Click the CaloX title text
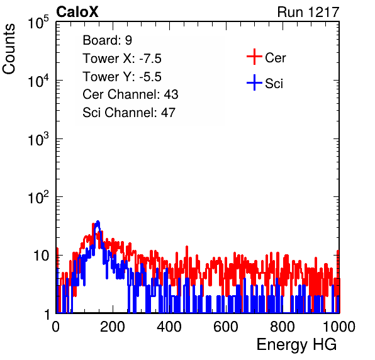click(77, 12)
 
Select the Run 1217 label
click(308, 12)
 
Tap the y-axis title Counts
click(9, 49)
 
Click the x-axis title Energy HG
click(296, 345)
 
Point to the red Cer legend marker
click(254, 57)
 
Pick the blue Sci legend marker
click(254, 82)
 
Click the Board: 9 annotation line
click(108, 40)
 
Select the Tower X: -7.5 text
click(122, 59)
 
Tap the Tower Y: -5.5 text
click(122, 77)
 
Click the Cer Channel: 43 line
click(130, 94)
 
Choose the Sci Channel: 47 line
click(129, 113)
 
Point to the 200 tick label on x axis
click(113, 327)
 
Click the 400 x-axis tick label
click(169, 327)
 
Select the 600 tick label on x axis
click(226, 327)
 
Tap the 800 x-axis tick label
click(283, 327)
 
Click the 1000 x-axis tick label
click(339, 327)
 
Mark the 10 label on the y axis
click(42, 256)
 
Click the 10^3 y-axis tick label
click(38, 138)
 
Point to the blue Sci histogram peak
click(98, 222)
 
